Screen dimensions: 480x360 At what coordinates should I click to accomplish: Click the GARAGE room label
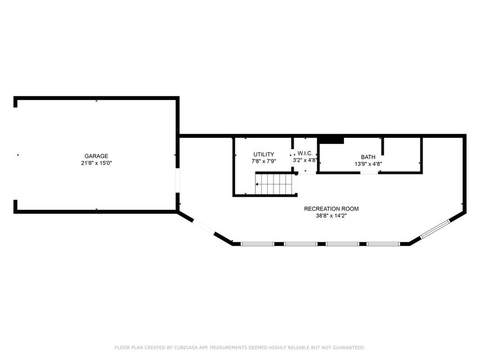click(x=96, y=156)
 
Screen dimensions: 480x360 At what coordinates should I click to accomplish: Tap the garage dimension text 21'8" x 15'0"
click(x=96, y=163)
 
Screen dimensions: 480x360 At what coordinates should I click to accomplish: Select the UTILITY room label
click(x=263, y=155)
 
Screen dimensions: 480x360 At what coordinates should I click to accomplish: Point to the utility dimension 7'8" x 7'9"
click(x=263, y=161)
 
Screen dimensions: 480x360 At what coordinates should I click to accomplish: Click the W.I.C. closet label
click(x=305, y=154)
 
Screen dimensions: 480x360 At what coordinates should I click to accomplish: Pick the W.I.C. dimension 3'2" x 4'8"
click(x=305, y=160)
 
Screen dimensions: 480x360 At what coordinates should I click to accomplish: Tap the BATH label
click(x=368, y=157)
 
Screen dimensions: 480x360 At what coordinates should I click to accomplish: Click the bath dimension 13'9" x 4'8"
click(x=368, y=164)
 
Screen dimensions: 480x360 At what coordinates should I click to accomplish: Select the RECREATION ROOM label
click(x=331, y=209)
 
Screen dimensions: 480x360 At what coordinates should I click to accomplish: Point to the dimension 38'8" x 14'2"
click(x=331, y=216)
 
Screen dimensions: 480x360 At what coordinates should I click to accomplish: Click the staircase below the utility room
click(x=276, y=184)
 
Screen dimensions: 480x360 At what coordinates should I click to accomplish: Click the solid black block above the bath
click(x=331, y=140)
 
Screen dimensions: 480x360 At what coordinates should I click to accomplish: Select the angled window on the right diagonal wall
click(x=435, y=229)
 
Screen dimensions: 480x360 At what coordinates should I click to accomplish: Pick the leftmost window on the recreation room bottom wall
click(x=257, y=244)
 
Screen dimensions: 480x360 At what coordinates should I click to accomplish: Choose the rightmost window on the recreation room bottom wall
click(x=384, y=244)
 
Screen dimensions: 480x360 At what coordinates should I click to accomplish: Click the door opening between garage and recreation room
click(x=177, y=181)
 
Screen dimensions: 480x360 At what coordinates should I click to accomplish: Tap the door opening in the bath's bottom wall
click(x=369, y=173)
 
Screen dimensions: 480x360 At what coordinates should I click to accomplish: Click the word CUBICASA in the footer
click(x=186, y=348)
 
